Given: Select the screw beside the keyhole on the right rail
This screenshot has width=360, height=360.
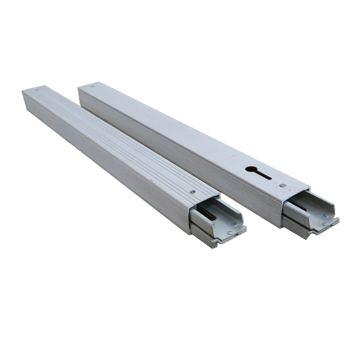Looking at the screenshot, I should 283,186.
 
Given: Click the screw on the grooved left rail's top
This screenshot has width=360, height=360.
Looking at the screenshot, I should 192,192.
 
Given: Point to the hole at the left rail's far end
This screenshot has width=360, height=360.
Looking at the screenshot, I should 37,91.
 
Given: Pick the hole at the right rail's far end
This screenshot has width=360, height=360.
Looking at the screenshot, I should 93,85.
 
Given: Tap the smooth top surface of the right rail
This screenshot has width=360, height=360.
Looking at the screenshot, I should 175,132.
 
